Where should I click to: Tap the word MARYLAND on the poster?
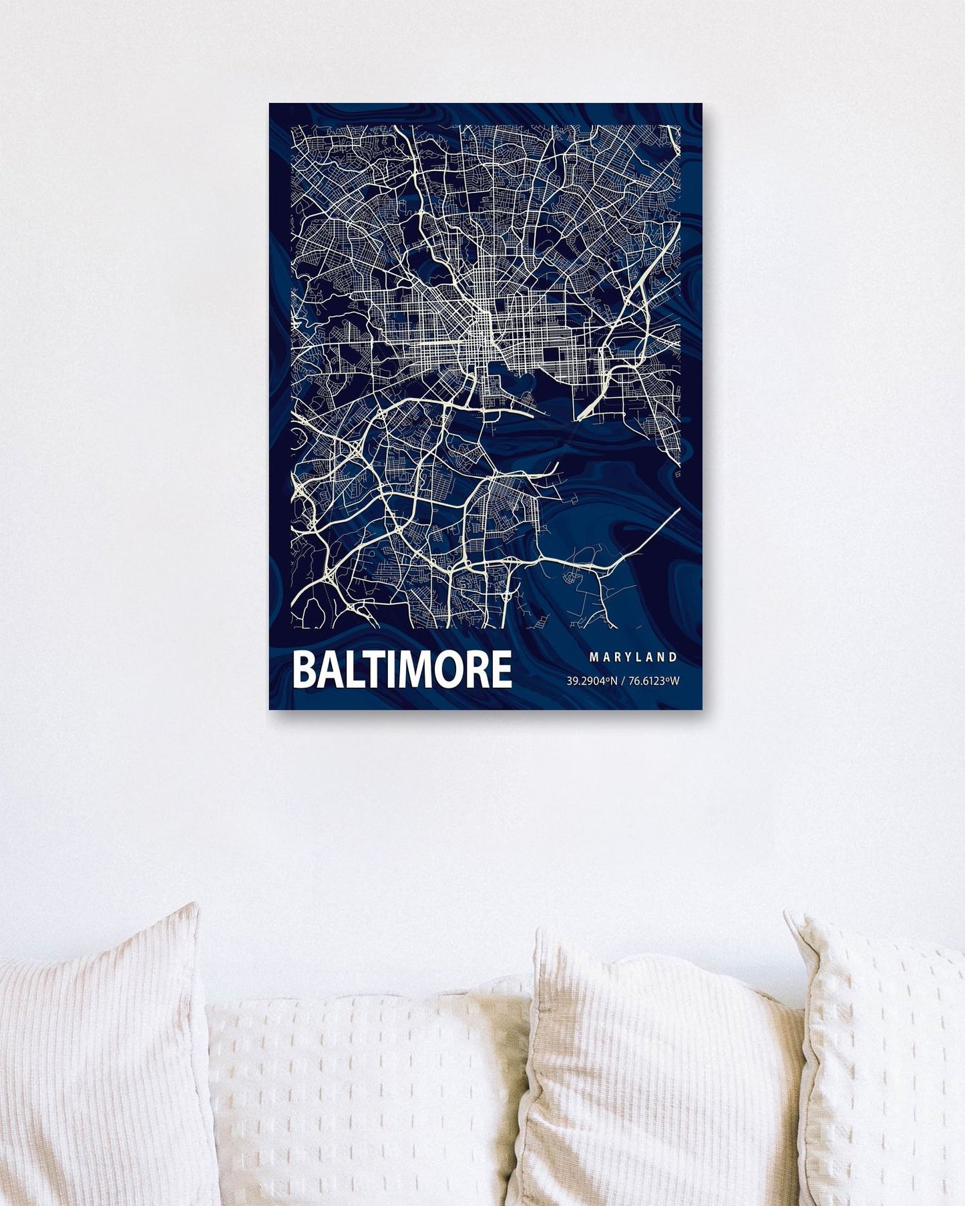tap(633, 657)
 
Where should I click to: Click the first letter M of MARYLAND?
tap(593, 657)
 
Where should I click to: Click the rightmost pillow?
tap(888, 1062)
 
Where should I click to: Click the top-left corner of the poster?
tap(270, 104)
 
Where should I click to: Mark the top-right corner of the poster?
tap(702, 104)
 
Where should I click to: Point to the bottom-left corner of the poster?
tap(270, 709)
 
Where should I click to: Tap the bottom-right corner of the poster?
tap(702, 709)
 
